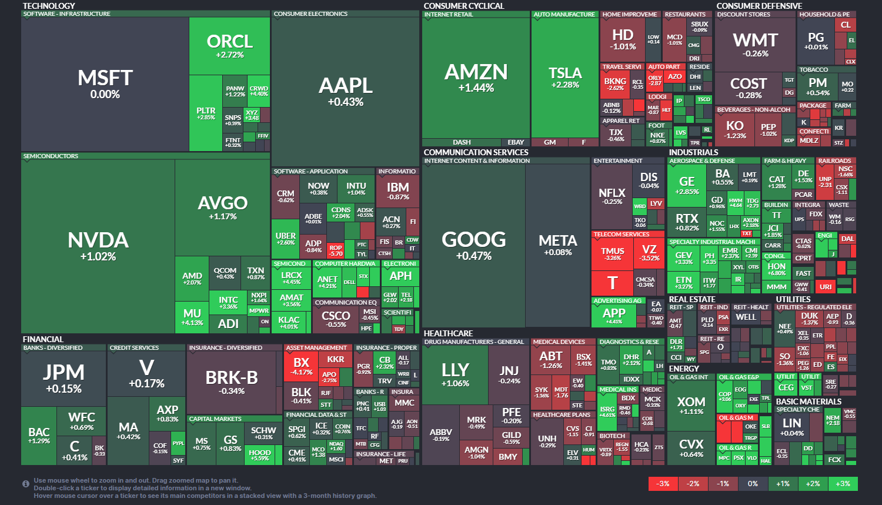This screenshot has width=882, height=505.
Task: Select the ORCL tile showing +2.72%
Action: [229, 46]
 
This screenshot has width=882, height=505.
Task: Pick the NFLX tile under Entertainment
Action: [612, 196]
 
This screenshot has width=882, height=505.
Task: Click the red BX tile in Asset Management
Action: [302, 366]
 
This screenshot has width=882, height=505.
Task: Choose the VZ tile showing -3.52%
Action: [649, 253]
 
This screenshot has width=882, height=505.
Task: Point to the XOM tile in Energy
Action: [691, 405]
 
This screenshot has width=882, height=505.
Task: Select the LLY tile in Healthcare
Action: [455, 374]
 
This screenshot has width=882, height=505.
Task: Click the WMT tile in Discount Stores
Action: [755, 44]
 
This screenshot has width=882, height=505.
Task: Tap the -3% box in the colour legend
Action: [663, 484]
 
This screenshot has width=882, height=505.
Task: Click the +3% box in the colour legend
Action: [843, 484]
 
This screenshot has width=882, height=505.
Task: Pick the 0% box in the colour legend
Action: [753, 484]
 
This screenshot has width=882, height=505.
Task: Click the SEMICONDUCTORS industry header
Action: [51, 156]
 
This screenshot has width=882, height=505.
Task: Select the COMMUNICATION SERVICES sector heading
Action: [476, 152]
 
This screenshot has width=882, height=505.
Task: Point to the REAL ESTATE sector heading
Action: [692, 299]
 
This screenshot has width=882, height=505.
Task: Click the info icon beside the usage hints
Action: [26, 484]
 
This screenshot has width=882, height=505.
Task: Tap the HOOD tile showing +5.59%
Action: [260, 455]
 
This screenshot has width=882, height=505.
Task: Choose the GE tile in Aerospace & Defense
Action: [687, 185]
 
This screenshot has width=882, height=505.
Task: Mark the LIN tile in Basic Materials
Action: [792, 426]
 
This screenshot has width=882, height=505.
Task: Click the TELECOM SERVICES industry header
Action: [622, 235]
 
